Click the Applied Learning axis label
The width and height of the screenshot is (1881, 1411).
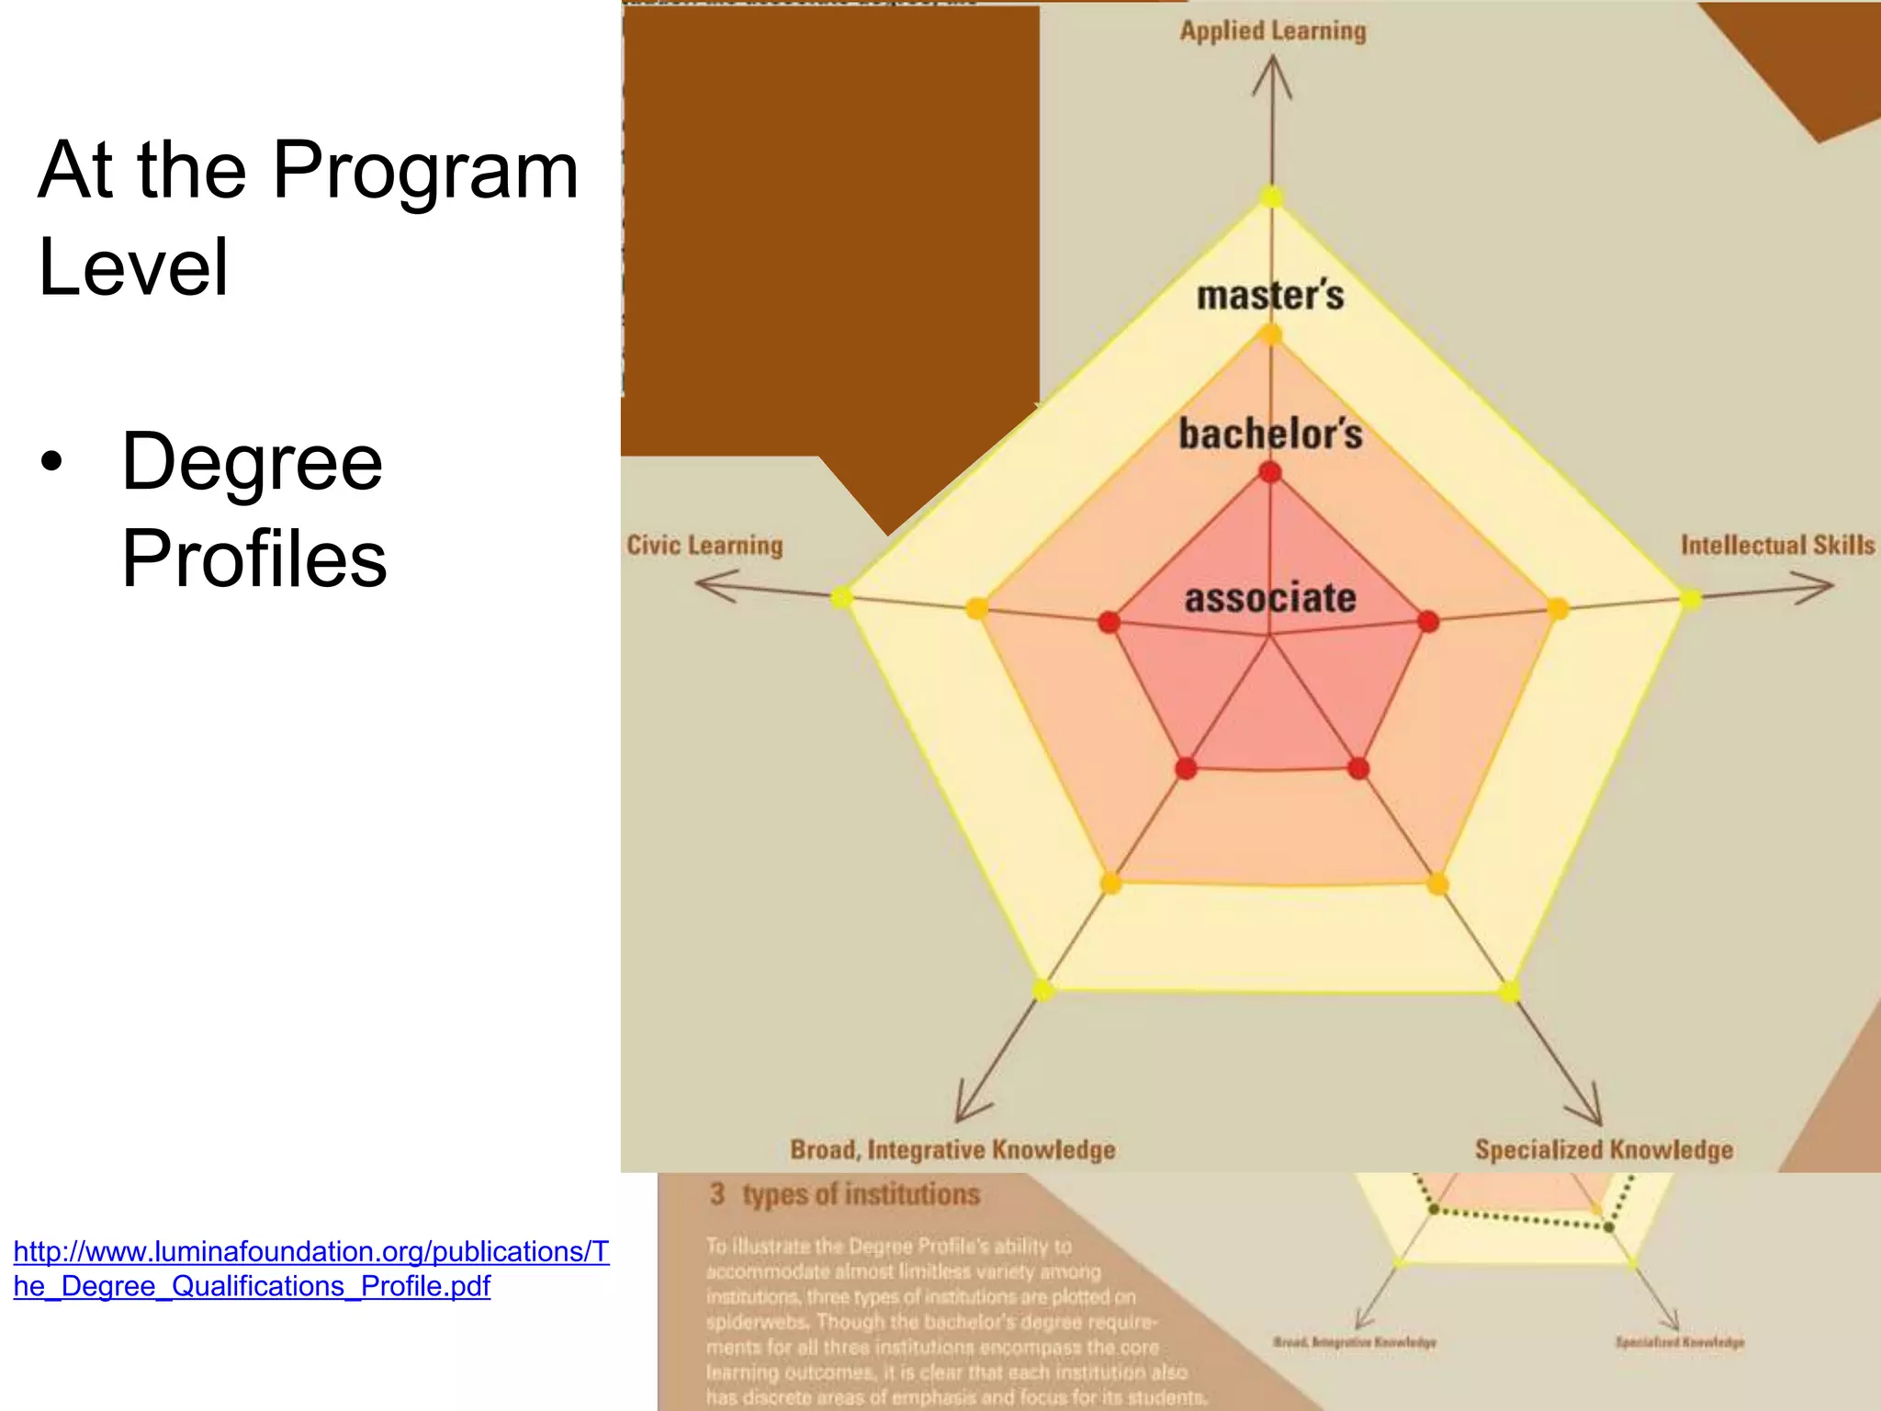point(1273,31)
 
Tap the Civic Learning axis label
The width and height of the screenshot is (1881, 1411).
point(704,546)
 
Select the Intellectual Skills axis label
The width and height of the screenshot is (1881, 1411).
point(1777,546)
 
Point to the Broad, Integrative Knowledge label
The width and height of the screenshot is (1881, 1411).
point(952,1150)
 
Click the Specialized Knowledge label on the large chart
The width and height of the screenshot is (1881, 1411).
point(1604,1150)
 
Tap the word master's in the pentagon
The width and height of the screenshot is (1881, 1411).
point(1270,296)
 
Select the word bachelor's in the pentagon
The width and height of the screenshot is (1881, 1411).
point(1270,435)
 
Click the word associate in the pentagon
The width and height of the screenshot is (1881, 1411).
point(1270,598)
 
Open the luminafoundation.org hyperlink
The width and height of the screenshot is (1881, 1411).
point(310,1269)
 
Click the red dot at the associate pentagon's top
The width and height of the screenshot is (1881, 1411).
point(1270,473)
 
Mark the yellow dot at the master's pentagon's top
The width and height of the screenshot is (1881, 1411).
point(1271,197)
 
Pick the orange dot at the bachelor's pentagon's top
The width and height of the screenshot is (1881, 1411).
point(1270,334)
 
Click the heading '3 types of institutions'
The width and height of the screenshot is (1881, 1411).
point(845,1194)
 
